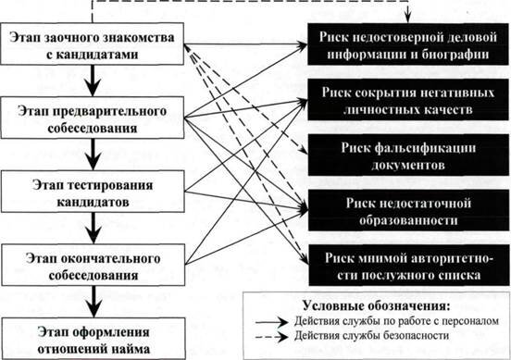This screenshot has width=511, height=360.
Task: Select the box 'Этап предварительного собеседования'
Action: (x=91, y=119)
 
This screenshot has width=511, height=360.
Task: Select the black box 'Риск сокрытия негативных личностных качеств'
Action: (x=405, y=101)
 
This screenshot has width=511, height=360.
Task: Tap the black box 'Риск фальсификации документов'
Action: (x=405, y=155)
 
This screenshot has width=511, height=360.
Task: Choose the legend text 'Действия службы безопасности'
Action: (x=380, y=335)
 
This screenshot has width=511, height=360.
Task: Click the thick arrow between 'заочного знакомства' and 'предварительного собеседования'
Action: (x=91, y=81)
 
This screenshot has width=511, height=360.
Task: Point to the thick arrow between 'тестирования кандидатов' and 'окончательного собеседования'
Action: (x=91, y=226)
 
